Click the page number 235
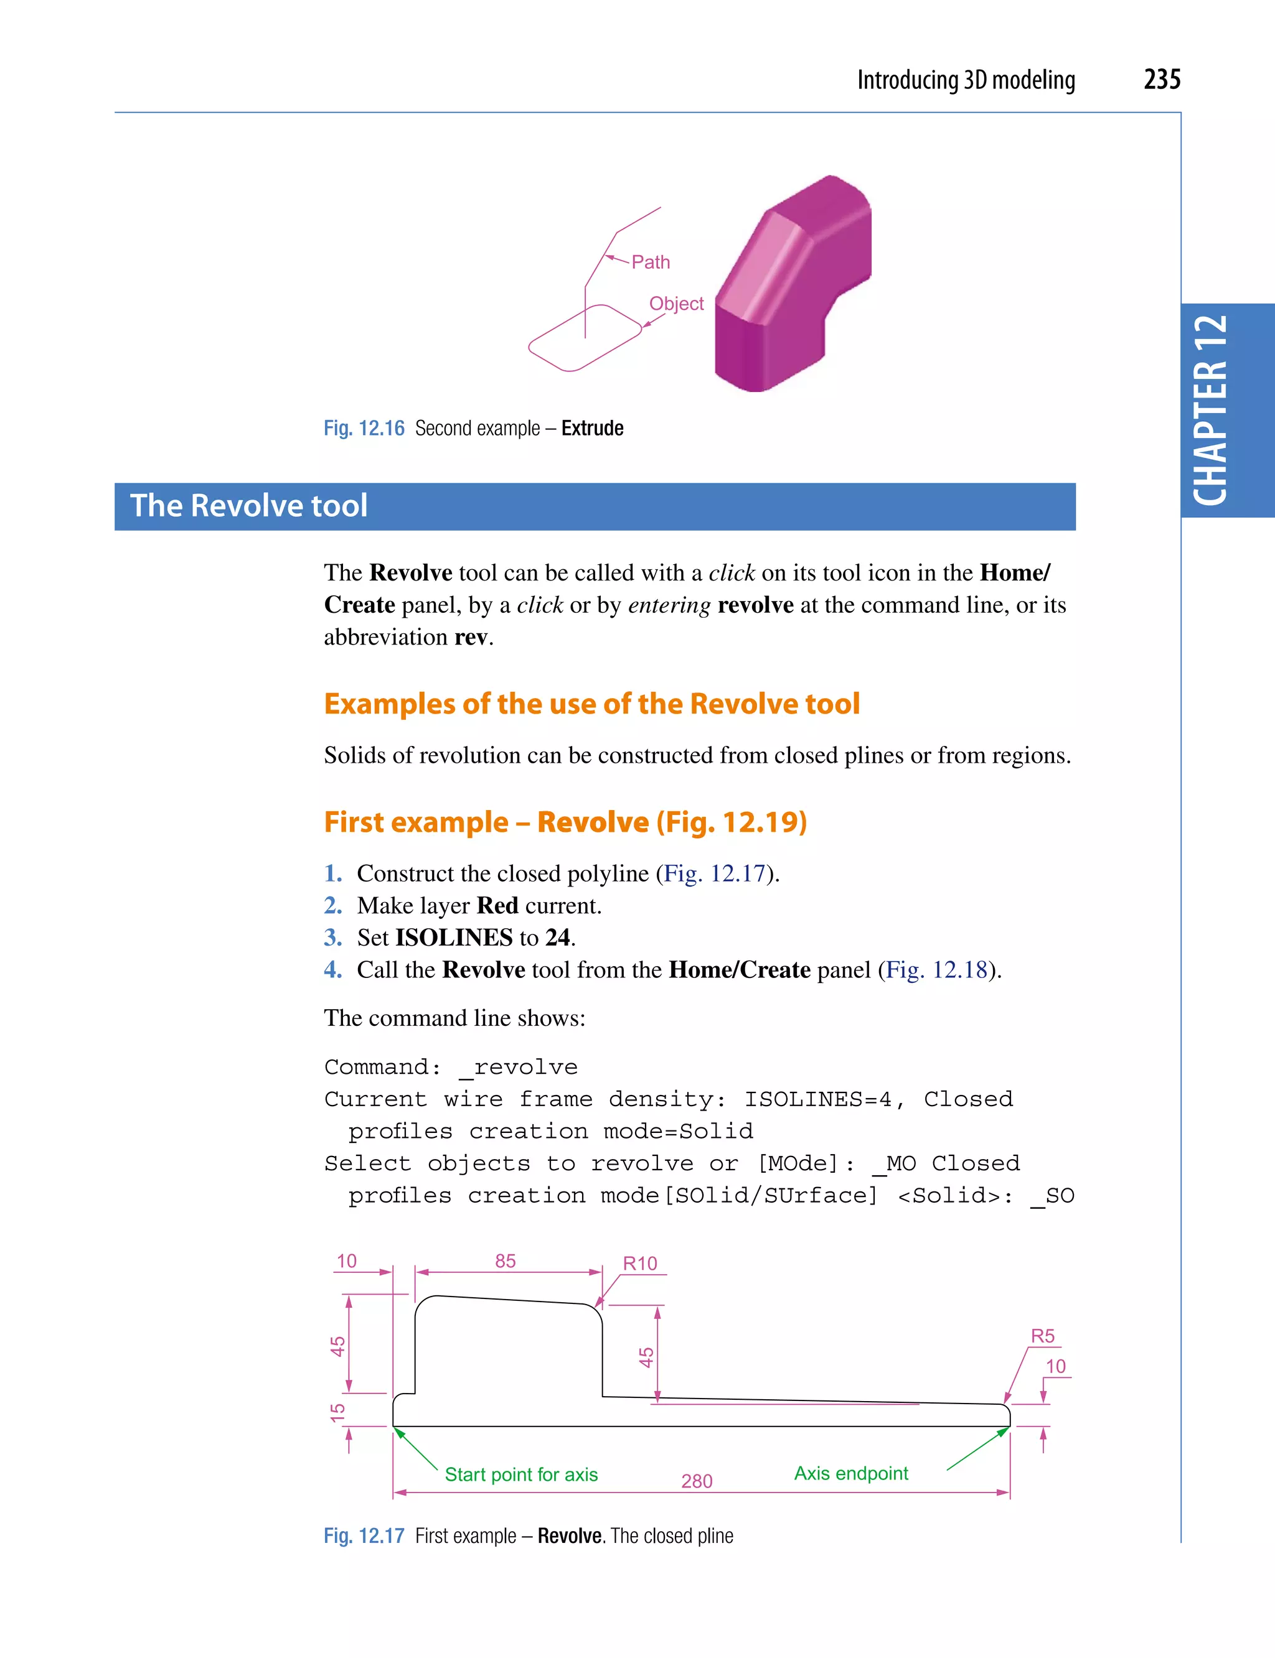point(1161,80)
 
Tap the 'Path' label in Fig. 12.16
point(651,263)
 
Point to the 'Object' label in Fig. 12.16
point(676,304)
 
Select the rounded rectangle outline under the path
point(585,338)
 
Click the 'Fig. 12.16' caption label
point(364,429)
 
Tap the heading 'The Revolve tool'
point(249,506)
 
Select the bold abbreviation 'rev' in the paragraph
point(471,637)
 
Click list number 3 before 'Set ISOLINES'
point(332,938)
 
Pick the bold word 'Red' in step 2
point(497,906)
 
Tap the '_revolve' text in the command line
point(519,1067)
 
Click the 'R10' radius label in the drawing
point(640,1264)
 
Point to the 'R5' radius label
point(1042,1336)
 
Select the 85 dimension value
point(506,1261)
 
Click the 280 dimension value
point(697,1481)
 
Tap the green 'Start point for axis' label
point(521,1474)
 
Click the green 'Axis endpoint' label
point(851,1474)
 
